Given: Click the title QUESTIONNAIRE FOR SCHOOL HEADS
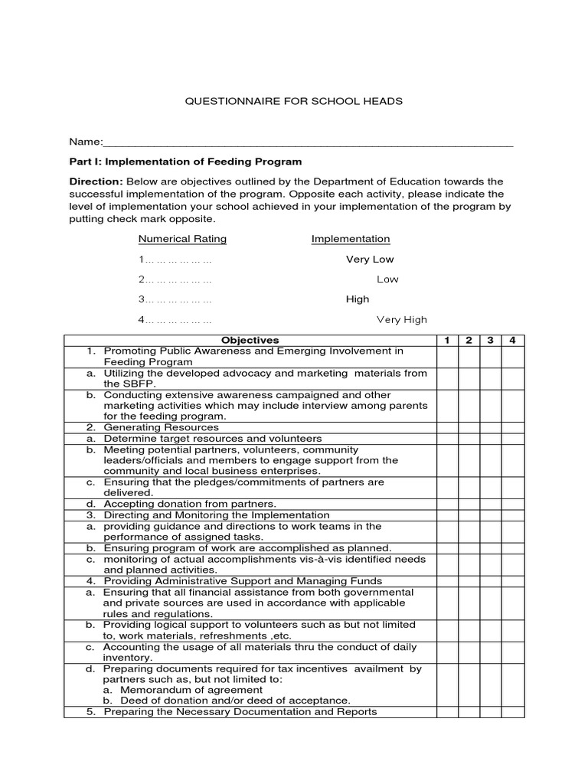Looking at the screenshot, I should (x=295, y=101).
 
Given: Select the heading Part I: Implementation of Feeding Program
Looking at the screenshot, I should (x=185, y=162).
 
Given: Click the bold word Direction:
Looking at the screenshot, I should (x=96, y=181).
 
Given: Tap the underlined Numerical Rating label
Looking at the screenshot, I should (x=182, y=239).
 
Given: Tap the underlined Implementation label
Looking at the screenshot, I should (x=351, y=239).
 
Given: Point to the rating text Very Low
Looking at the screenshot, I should (x=370, y=260).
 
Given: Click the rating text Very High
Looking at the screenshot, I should (x=402, y=320).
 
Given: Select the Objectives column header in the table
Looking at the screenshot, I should (x=250, y=340).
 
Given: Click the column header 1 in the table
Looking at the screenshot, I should (x=447, y=340).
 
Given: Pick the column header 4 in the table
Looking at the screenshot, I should (x=513, y=340).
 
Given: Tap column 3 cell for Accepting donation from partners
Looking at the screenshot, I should (x=491, y=505).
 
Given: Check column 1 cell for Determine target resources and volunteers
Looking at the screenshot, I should (x=447, y=439).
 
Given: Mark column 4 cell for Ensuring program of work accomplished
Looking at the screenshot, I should (x=513, y=548).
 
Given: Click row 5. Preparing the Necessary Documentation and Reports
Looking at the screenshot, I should (x=240, y=712).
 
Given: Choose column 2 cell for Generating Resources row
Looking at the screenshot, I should (x=469, y=427).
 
